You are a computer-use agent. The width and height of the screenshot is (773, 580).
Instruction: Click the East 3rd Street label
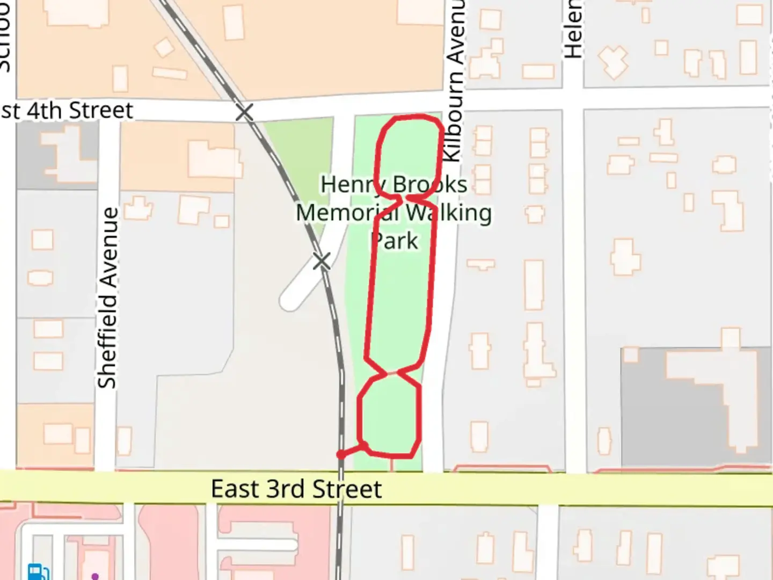pyautogui.click(x=296, y=489)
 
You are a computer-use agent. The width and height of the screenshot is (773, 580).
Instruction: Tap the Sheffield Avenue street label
pyautogui.click(x=108, y=298)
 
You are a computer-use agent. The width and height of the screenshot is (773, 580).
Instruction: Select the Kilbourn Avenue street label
pyautogui.click(x=454, y=81)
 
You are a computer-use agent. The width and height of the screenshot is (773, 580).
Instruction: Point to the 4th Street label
pyautogui.click(x=67, y=111)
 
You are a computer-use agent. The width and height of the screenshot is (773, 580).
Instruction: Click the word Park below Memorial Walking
pyautogui.click(x=395, y=241)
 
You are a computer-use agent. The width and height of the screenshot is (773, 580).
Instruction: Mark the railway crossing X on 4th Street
pyautogui.click(x=244, y=113)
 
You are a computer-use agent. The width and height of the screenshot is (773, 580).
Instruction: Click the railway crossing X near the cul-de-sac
pyautogui.click(x=322, y=262)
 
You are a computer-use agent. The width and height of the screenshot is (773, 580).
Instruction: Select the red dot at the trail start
pyautogui.click(x=341, y=455)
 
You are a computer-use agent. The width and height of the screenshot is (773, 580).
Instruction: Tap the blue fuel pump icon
pyautogui.click(x=38, y=572)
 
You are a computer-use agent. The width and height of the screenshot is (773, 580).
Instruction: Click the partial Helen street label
pyautogui.click(x=573, y=30)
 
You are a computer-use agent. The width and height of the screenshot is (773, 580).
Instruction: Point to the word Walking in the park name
pyautogui.click(x=448, y=213)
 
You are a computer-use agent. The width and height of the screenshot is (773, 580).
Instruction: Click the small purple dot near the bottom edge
pyautogui.click(x=95, y=576)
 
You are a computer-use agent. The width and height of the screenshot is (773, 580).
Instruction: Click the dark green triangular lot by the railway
pyautogui.click(x=298, y=161)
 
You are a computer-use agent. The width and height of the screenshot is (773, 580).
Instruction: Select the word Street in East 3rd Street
pyautogui.click(x=347, y=489)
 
